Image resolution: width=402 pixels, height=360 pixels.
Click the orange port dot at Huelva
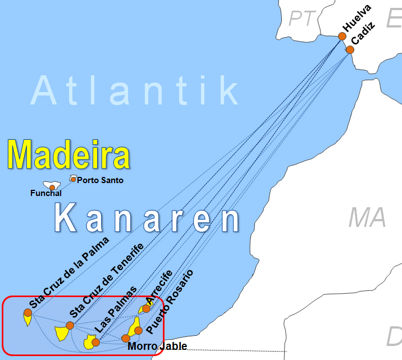[342, 37]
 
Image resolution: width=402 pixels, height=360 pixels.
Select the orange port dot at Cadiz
[350, 49]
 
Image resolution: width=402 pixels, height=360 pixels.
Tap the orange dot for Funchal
[52, 188]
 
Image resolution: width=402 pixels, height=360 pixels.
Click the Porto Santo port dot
[73, 179]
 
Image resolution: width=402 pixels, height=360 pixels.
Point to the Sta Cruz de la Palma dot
[28, 312]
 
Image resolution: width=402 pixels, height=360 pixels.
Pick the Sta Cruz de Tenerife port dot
[70, 325]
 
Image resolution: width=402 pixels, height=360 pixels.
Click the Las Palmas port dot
[95, 342]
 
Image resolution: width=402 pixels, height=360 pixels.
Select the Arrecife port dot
[146, 308]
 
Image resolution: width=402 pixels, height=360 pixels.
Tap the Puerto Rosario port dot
[138, 330]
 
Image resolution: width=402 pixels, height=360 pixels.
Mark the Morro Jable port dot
[125, 339]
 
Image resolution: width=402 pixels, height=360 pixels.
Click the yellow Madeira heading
[68, 154]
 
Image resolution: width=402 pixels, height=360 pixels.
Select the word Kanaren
[149, 219]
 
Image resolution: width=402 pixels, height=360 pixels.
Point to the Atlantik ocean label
[135, 90]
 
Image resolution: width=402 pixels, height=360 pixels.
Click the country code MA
[367, 217]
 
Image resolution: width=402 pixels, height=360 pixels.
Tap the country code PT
[302, 19]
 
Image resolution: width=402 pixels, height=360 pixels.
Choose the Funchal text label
[45, 194]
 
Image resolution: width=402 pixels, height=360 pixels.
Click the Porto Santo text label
[100, 180]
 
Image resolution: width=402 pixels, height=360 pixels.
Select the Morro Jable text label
[157, 347]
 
